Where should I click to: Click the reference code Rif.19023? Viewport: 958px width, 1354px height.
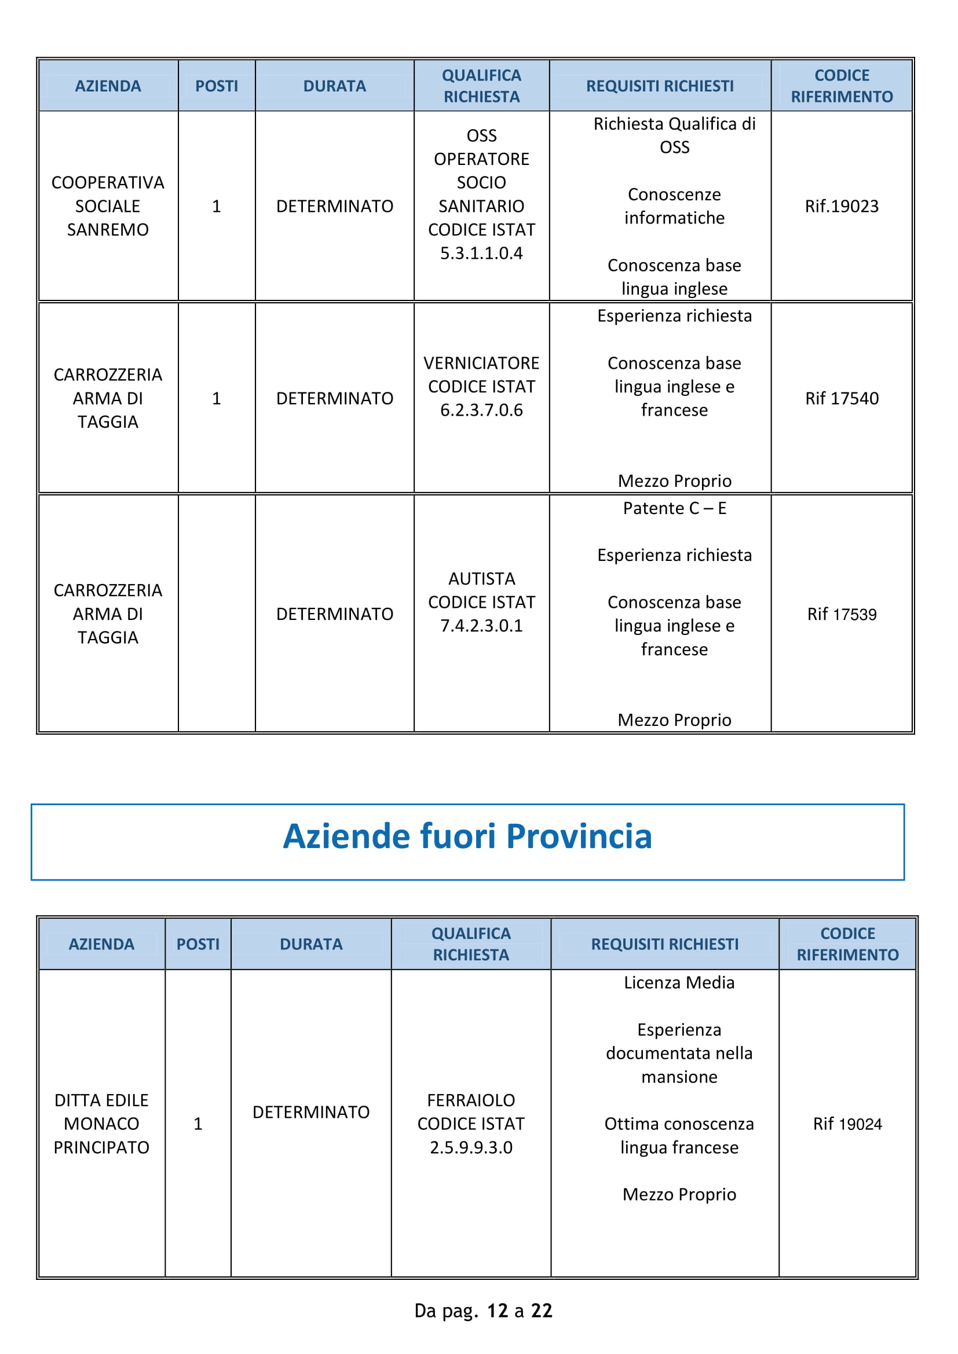(x=841, y=206)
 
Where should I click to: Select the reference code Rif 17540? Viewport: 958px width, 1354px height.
(x=841, y=398)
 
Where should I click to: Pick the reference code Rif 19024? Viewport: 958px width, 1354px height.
(x=847, y=1124)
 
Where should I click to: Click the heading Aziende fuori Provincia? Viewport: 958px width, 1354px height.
(x=467, y=836)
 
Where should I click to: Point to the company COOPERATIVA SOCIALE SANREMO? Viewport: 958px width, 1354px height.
(x=108, y=206)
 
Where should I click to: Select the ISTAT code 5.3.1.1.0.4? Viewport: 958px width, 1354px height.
(x=481, y=253)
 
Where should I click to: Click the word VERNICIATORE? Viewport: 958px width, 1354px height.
(x=481, y=363)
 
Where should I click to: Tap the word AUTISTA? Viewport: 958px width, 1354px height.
(x=481, y=578)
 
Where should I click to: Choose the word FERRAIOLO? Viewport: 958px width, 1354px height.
(x=471, y=1100)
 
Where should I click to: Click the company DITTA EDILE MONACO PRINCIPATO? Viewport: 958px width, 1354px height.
(x=101, y=1124)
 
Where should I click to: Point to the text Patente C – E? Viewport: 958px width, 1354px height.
(x=674, y=508)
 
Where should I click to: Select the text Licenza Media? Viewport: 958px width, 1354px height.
(x=679, y=982)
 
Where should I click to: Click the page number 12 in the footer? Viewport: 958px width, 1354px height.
(x=497, y=1311)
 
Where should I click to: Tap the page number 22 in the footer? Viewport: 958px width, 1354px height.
(x=541, y=1311)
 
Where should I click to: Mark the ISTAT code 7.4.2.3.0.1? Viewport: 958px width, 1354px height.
(x=481, y=626)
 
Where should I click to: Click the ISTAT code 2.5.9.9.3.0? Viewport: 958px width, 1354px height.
(x=471, y=1147)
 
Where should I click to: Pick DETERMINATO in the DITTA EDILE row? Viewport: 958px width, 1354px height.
(x=311, y=1111)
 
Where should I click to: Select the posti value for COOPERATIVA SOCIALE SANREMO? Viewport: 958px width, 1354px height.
(x=217, y=206)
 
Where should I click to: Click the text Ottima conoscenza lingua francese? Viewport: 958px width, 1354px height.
(x=679, y=1135)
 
